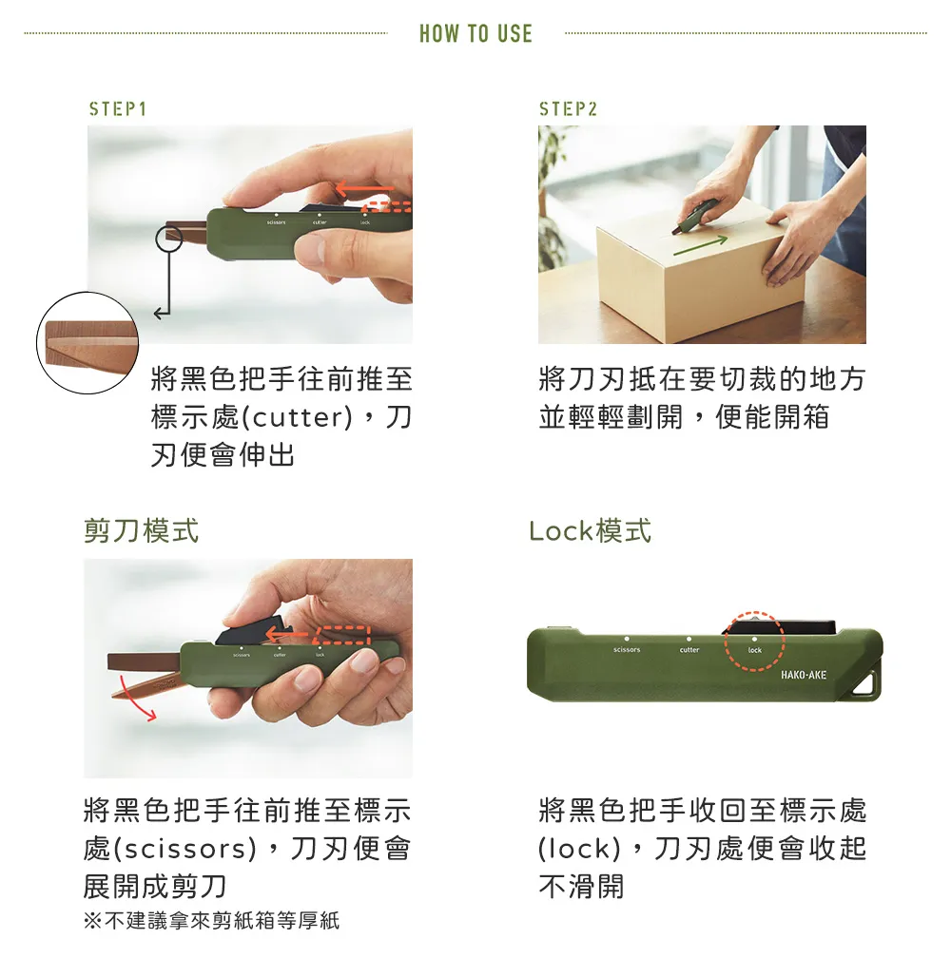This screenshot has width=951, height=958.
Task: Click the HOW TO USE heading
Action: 475,33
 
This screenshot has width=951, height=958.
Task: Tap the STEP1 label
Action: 117,108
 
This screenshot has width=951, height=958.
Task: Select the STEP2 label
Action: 568,108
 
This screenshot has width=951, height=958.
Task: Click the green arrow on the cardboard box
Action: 701,244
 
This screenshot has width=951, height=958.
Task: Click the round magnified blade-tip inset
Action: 87,343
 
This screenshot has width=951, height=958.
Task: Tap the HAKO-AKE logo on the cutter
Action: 803,675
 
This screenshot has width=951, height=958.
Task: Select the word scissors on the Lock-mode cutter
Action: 627,649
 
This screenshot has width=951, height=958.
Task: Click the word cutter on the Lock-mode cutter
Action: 689,649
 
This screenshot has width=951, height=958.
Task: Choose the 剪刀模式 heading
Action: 141,529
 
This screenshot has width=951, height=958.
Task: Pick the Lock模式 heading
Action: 591,529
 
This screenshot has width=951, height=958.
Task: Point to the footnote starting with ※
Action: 211,920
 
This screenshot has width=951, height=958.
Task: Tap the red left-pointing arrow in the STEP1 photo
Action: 364,187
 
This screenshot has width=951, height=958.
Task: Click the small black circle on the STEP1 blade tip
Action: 169,239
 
